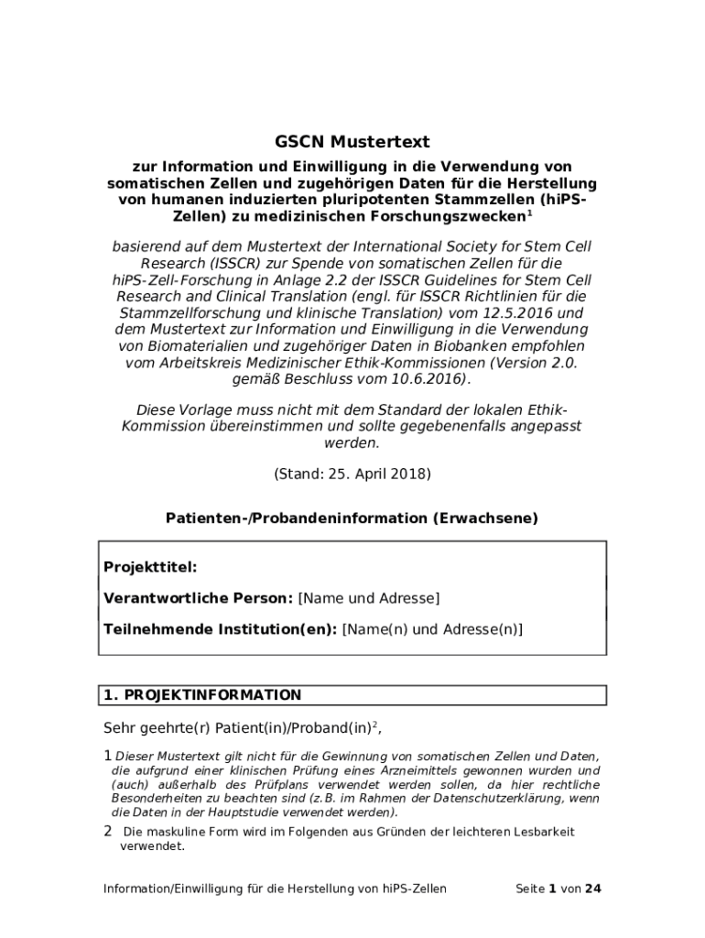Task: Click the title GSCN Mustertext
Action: click(x=352, y=142)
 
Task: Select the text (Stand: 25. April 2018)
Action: click(x=352, y=474)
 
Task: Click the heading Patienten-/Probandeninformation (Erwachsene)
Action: click(x=352, y=518)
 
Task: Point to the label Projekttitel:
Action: click(x=150, y=568)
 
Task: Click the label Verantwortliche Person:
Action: click(x=199, y=599)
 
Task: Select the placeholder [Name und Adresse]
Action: click(x=369, y=599)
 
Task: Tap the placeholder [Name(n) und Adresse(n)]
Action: click(x=432, y=630)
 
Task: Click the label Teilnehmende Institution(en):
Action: click(x=221, y=630)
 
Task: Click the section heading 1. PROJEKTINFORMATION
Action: click(x=202, y=696)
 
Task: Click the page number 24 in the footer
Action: click(x=593, y=889)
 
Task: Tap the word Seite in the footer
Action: click(x=530, y=889)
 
